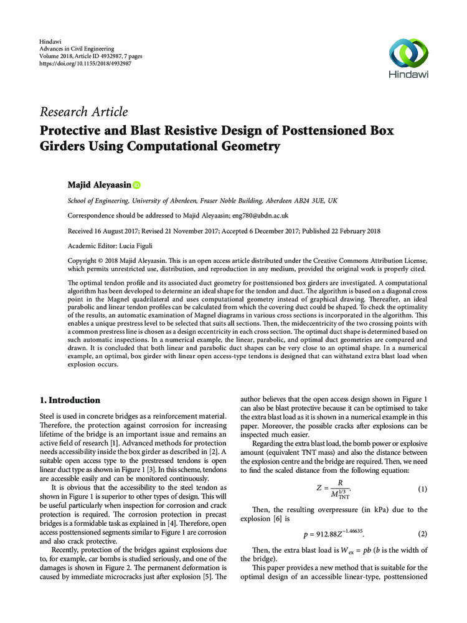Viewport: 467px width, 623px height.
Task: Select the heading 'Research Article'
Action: [84, 112]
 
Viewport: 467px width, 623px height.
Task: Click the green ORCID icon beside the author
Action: [137, 185]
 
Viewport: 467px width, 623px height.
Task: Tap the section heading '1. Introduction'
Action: [70, 400]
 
